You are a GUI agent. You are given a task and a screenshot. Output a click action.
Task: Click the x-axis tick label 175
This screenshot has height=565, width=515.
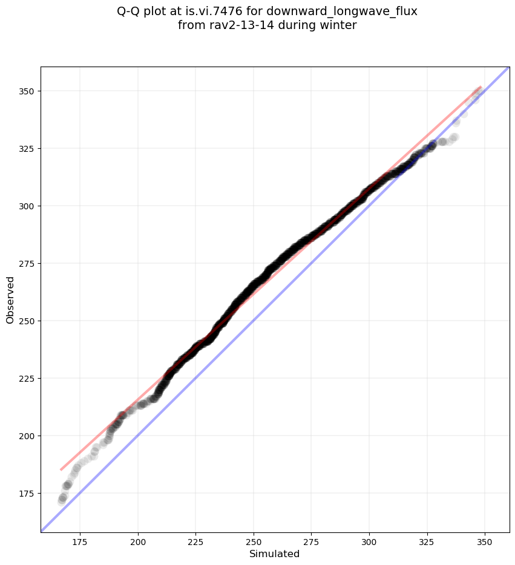coord(80,542)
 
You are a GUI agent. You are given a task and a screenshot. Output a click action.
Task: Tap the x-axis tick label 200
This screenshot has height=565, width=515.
coord(138,542)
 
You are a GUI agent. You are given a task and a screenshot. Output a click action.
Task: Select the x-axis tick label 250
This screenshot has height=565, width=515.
coord(254,542)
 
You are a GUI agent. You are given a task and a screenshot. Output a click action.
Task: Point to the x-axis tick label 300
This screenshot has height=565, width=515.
coord(369,542)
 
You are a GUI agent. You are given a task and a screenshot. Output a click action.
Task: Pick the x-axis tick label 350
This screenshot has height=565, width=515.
coord(485,542)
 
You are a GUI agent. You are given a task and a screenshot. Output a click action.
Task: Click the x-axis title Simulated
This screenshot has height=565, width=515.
coord(275,554)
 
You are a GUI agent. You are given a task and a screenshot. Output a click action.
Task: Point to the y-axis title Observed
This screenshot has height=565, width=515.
coord(10,300)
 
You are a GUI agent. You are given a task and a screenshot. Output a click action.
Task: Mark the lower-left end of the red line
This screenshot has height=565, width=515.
coord(61,469)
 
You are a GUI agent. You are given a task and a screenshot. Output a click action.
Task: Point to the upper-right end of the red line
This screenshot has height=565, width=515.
coord(481,87)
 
